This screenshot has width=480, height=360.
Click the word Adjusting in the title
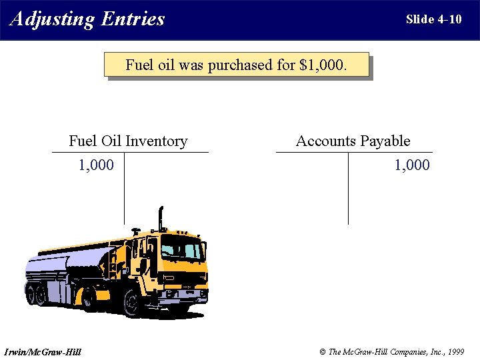tap(52, 19)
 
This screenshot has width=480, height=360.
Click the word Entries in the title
tap(133, 19)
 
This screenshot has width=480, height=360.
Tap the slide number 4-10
tap(449, 19)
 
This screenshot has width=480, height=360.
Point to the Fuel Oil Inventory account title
tap(128, 141)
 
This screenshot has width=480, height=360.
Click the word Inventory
tap(156, 141)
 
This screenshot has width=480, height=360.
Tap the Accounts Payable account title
tap(353, 141)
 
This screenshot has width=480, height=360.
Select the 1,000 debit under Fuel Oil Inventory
tap(96, 165)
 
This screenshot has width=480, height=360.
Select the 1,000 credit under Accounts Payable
tap(412, 165)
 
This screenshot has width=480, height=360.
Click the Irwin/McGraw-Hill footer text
tap(42, 351)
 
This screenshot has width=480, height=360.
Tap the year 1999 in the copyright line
tap(456, 351)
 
